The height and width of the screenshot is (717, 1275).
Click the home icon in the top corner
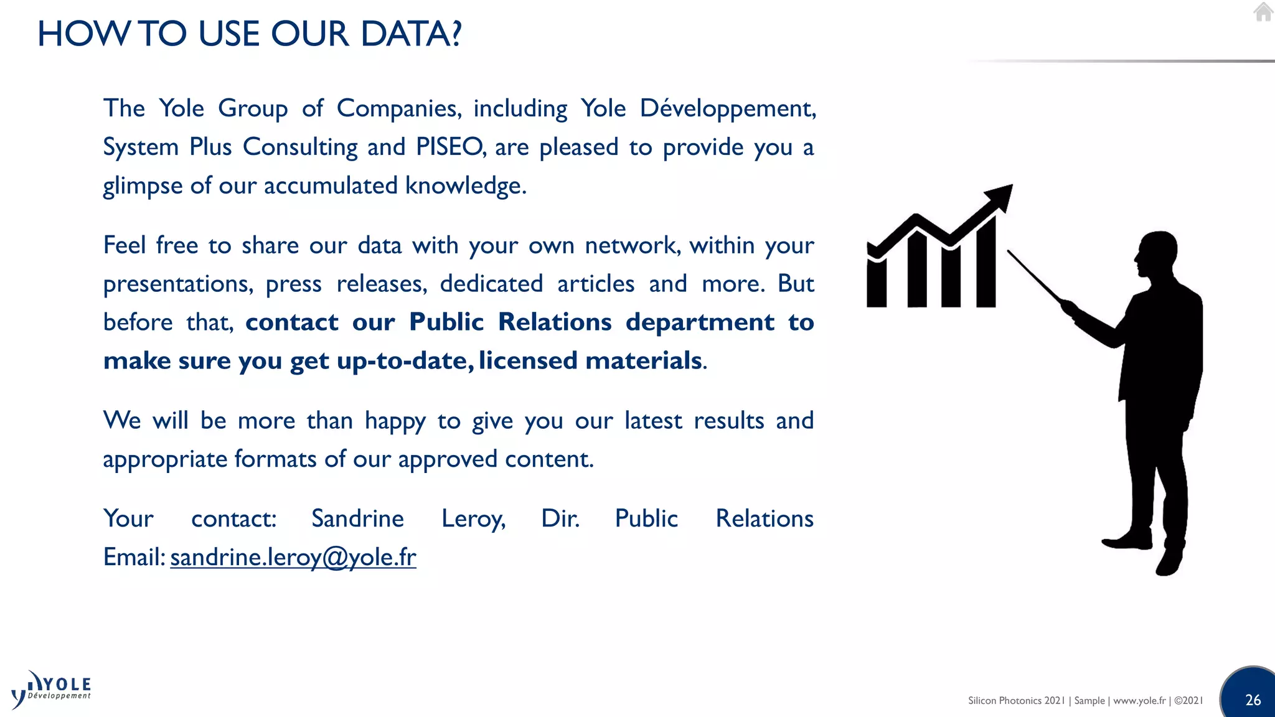click(x=1263, y=12)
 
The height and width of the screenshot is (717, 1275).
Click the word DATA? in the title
click(x=411, y=34)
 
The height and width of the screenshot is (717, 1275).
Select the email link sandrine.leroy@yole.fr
click(x=293, y=557)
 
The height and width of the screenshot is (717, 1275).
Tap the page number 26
click(x=1253, y=700)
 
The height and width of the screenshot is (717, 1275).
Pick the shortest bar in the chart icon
click(x=877, y=283)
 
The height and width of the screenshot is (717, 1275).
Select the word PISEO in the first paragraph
click(x=449, y=148)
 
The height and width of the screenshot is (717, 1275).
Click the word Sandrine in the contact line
click(x=357, y=518)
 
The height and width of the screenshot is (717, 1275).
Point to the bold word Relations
click(x=555, y=322)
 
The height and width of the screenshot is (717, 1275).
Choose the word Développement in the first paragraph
click(x=727, y=109)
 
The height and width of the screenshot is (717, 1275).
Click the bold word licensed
click(x=528, y=361)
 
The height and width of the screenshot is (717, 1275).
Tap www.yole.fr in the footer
click(x=1139, y=701)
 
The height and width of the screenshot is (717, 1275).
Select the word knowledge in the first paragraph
click(x=464, y=186)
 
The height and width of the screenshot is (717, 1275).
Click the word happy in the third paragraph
click(x=395, y=421)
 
